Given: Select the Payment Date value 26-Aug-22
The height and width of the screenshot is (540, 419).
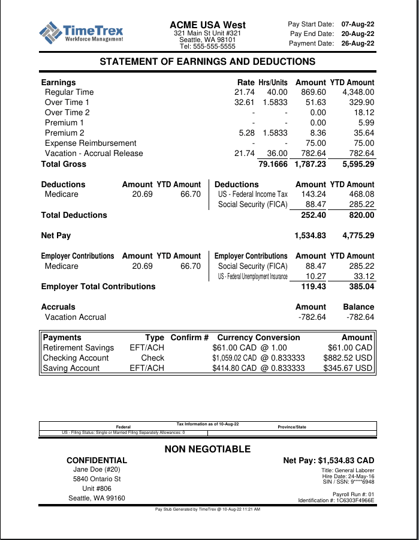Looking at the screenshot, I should [x=358, y=43].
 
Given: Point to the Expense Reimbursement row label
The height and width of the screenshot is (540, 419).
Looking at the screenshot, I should [x=91, y=143].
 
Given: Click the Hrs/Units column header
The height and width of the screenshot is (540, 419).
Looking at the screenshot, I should [x=273, y=82].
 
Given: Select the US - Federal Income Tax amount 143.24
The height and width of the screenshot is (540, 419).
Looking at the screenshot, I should [x=314, y=194].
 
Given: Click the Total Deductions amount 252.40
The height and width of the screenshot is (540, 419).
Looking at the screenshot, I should [x=314, y=215].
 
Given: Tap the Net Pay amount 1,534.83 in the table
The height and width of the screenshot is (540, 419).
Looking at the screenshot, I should [x=310, y=236].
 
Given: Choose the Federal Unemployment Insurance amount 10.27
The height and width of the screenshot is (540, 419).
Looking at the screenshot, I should [x=315, y=277].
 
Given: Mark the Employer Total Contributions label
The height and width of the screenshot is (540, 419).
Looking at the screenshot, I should [x=98, y=287].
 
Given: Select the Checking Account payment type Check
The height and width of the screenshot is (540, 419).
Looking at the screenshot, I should [x=152, y=358].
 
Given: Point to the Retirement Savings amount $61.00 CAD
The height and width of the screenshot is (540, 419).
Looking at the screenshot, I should [x=350, y=348].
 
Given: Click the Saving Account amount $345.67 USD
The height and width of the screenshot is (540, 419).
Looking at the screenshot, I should [x=348, y=368].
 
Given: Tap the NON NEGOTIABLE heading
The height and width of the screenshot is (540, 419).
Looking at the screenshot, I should [x=207, y=449].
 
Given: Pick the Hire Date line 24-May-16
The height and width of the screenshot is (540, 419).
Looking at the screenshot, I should [x=348, y=476].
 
